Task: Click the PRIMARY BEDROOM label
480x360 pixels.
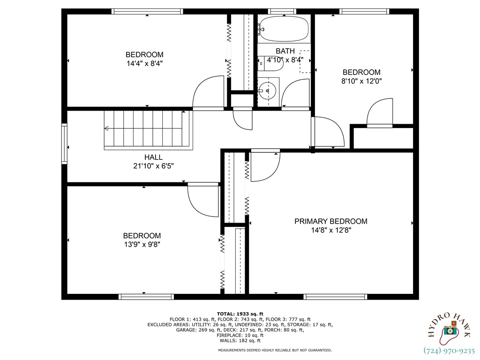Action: (330, 221)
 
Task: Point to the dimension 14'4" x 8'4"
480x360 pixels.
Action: (144, 63)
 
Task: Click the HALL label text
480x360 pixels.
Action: (153, 157)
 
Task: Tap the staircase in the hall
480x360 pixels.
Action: (148, 129)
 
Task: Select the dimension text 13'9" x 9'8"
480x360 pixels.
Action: (142, 244)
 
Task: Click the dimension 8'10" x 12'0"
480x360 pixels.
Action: (361, 81)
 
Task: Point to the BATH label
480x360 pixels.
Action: (285, 51)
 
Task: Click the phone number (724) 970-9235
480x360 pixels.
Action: (449, 350)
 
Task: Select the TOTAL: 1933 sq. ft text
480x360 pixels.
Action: (240, 314)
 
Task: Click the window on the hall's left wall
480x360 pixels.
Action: (65, 143)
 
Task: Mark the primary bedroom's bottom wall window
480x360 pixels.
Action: (335, 296)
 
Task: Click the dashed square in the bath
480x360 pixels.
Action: (305, 61)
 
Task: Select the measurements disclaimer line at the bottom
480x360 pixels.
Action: (275, 350)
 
